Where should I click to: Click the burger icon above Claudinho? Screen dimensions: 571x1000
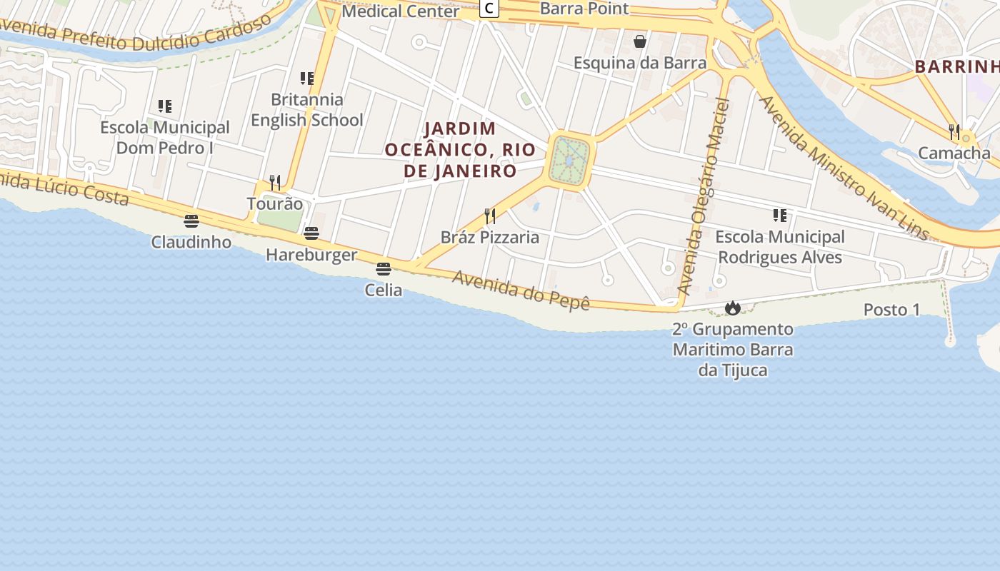click(191, 221)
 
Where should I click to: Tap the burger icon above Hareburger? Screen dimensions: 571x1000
click(311, 233)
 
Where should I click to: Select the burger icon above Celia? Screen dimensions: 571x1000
click(384, 269)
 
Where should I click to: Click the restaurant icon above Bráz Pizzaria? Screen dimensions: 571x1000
click(490, 216)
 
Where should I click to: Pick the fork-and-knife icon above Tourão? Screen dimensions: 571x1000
click(275, 183)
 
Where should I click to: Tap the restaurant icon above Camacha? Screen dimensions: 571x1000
click(954, 131)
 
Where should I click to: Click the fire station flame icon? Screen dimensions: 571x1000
click(732, 308)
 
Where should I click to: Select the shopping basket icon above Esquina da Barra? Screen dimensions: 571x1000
click(640, 42)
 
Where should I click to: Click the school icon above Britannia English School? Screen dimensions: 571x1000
click(307, 78)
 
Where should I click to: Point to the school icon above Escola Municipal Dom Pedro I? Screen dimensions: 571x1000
click(165, 106)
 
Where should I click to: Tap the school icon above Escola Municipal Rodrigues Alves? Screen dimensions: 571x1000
click(780, 215)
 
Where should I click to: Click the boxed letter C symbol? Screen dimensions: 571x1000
click(489, 9)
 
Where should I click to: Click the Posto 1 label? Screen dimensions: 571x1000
click(892, 310)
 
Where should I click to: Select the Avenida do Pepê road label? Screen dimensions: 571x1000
click(521, 290)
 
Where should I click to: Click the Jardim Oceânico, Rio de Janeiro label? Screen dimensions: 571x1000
click(460, 150)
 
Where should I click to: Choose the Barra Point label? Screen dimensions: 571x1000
click(584, 9)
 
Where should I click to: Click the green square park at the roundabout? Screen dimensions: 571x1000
click(570, 160)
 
